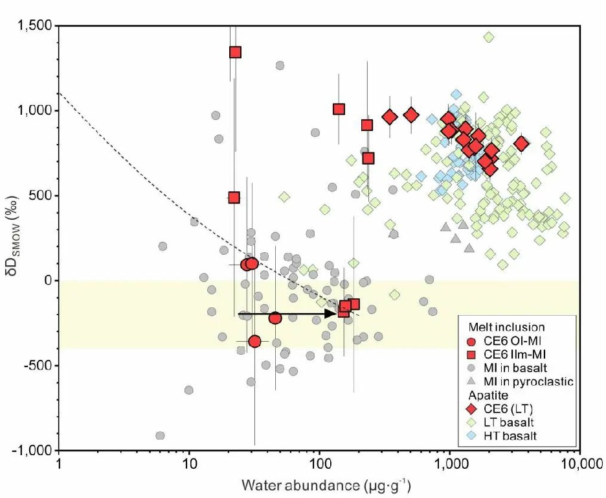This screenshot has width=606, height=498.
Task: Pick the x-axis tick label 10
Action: pyautogui.click(x=189, y=466)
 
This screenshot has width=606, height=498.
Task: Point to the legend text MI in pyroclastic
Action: pyautogui.click(x=533, y=381)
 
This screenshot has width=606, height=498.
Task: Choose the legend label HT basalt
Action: pyautogui.click(x=515, y=436)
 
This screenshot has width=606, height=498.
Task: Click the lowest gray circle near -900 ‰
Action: pyautogui.click(x=160, y=436)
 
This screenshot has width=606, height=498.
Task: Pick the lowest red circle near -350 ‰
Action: pyautogui.click(x=254, y=341)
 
